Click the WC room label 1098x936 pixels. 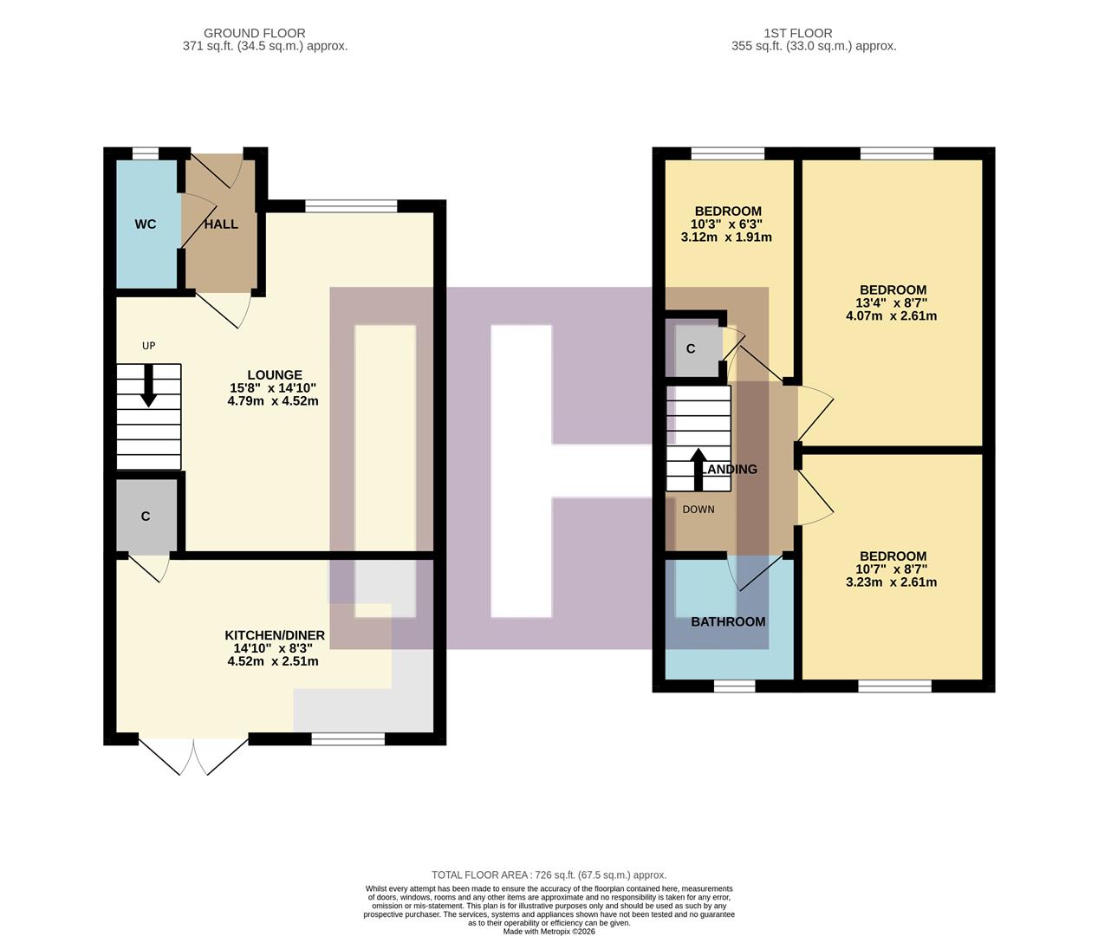pos(146,224)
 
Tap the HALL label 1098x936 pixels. pos(221,224)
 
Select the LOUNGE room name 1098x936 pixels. pos(274,375)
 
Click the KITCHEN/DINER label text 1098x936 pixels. pos(274,635)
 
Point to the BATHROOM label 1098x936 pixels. pos(728,621)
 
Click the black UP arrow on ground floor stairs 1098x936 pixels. pos(149,386)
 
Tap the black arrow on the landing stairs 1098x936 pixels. pos(698,469)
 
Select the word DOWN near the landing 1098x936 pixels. pos(698,510)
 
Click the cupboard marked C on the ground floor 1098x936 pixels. pos(146,517)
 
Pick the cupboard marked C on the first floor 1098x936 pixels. pos(691,349)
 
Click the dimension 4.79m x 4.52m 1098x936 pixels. pos(273,401)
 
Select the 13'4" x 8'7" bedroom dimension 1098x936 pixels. pos(892,303)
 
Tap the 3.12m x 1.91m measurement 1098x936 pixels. pos(726,237)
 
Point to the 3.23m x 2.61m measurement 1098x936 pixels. pos(892,582)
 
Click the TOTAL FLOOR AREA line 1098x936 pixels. pos(549,875)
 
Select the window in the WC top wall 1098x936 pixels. pos(146,153)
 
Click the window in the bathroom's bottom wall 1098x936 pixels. pos(735,686)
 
